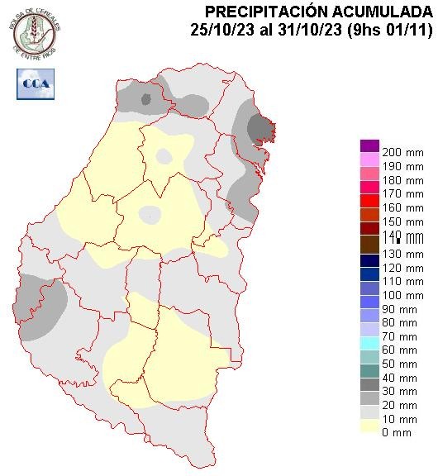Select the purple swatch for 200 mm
click(369, 146)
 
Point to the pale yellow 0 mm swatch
click(369, 426)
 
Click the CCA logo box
click(35, 83)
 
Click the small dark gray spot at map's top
click(146, 100)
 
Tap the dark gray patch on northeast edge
click(261, 127)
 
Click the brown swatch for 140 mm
click(369, 244)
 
